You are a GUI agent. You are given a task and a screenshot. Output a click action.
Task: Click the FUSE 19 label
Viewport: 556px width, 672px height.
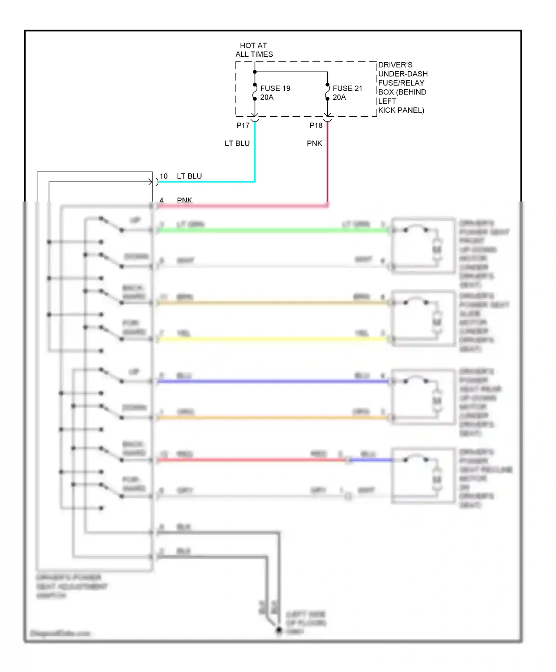point(275,88)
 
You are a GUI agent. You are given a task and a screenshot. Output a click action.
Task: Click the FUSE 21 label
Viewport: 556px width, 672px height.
point(347,88)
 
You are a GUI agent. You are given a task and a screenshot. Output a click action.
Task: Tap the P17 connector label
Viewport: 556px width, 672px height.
point(243,126)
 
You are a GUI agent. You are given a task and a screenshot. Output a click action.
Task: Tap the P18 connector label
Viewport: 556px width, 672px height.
point(316,126)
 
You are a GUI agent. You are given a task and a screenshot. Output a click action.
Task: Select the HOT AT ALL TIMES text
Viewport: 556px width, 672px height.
point(254,50)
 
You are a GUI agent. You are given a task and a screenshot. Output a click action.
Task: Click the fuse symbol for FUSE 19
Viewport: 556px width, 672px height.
point(255,92)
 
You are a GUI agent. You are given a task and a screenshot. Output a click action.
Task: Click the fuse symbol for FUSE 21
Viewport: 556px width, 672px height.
point(327,92)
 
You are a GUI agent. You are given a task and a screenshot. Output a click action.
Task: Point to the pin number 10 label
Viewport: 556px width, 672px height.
point(163,176)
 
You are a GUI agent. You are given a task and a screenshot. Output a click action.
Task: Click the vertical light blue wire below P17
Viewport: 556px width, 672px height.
point(255,156)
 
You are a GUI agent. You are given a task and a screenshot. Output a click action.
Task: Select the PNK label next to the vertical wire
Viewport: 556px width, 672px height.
point(314,143)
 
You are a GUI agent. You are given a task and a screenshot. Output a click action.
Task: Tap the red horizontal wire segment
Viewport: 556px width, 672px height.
point(252,460)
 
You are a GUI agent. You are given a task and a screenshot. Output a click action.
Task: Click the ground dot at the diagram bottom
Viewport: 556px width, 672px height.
point(279,630)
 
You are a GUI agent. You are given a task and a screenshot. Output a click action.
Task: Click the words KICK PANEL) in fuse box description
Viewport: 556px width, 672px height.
point(401,110)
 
